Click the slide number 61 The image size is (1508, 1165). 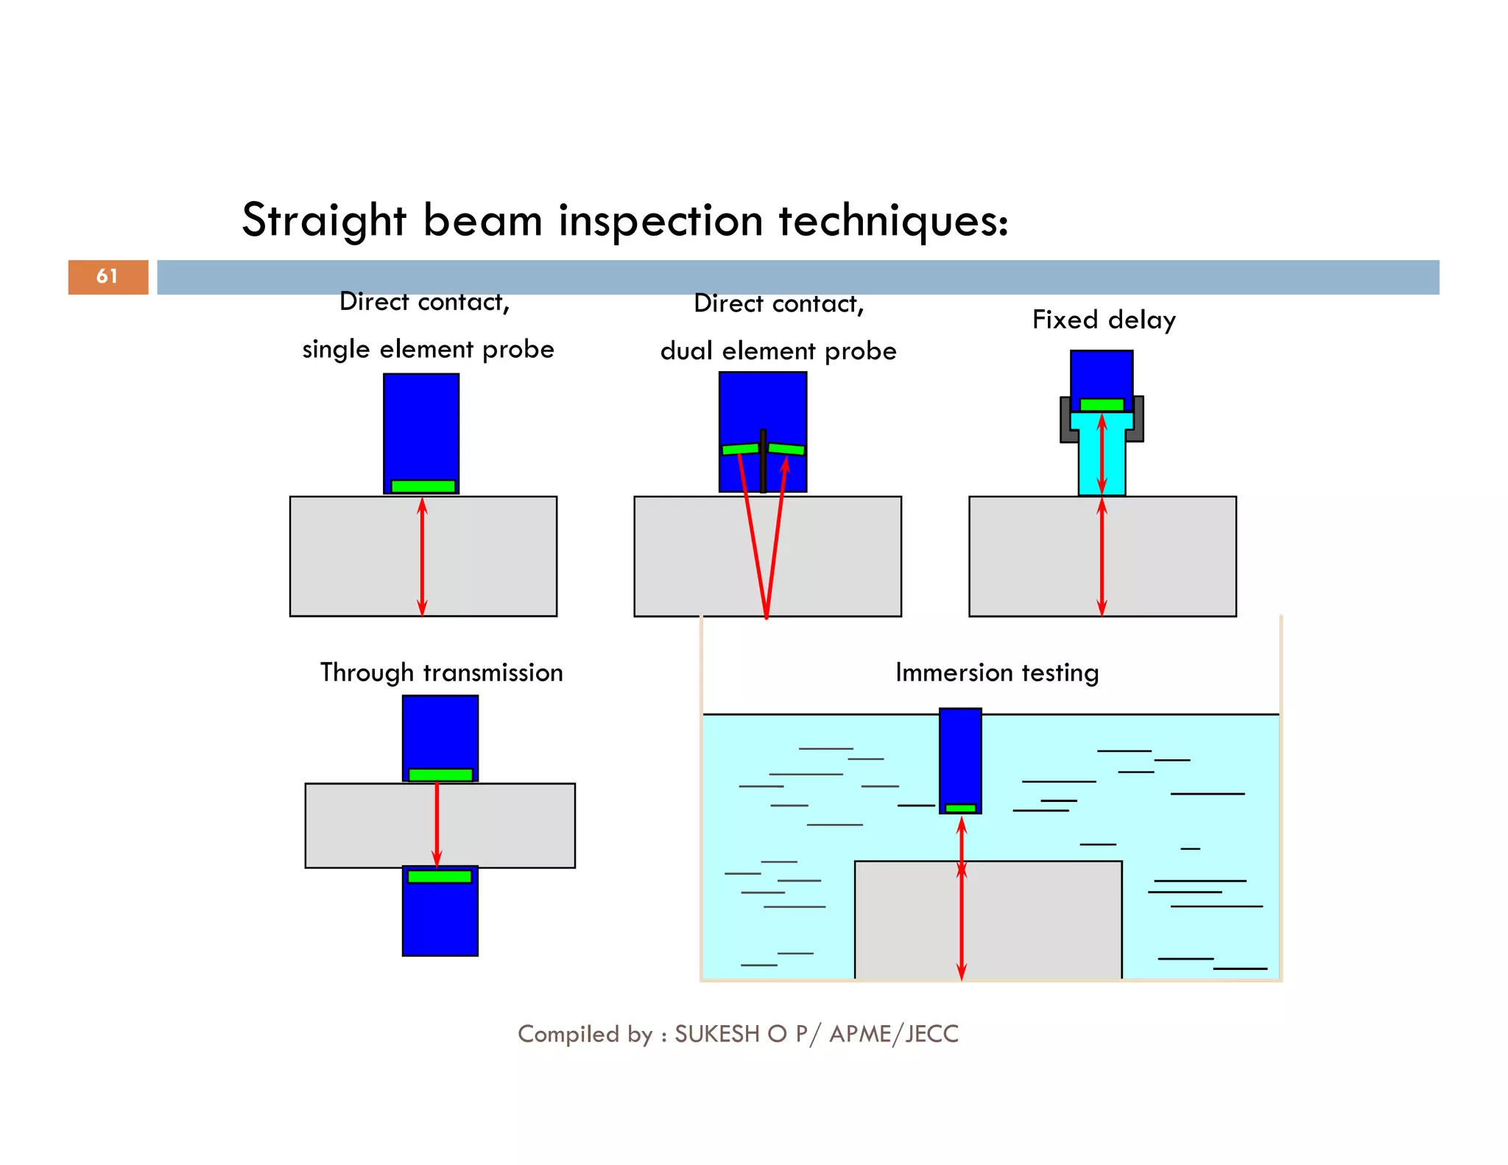[x=108, y=276]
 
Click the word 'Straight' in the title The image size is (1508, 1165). [x=324, y=220]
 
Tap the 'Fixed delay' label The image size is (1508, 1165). [x=1104, y=320]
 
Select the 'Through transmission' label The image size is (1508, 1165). [x=441, y=672]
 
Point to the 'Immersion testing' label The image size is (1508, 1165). [x=997, y=672]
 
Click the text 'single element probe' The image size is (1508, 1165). [x=428, y=349]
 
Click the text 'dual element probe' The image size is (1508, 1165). [x=778, y=351]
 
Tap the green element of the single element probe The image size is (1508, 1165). [x=423, y=486]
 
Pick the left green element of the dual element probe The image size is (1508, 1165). [x=740, y=448]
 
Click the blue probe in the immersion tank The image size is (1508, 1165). [x=960, y=755]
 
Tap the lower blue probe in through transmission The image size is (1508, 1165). [x=440, y=921]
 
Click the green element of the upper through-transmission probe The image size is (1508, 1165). [x=440, y=775]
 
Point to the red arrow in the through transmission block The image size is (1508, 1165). [x=437, y=825]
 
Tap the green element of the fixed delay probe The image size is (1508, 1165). [x=1102, y=404]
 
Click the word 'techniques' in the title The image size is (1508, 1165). [x=893, y=220]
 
